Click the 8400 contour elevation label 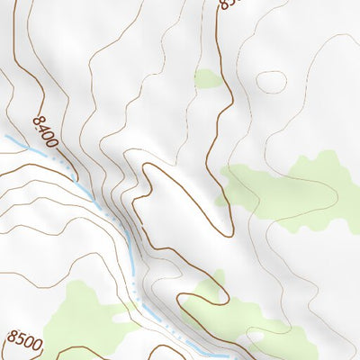point(42,132)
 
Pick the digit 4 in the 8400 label point(40,129)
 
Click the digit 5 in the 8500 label point(18,339)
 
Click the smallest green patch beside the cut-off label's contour point(208,79)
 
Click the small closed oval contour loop point(271,81)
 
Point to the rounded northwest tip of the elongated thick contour point(149,168)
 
